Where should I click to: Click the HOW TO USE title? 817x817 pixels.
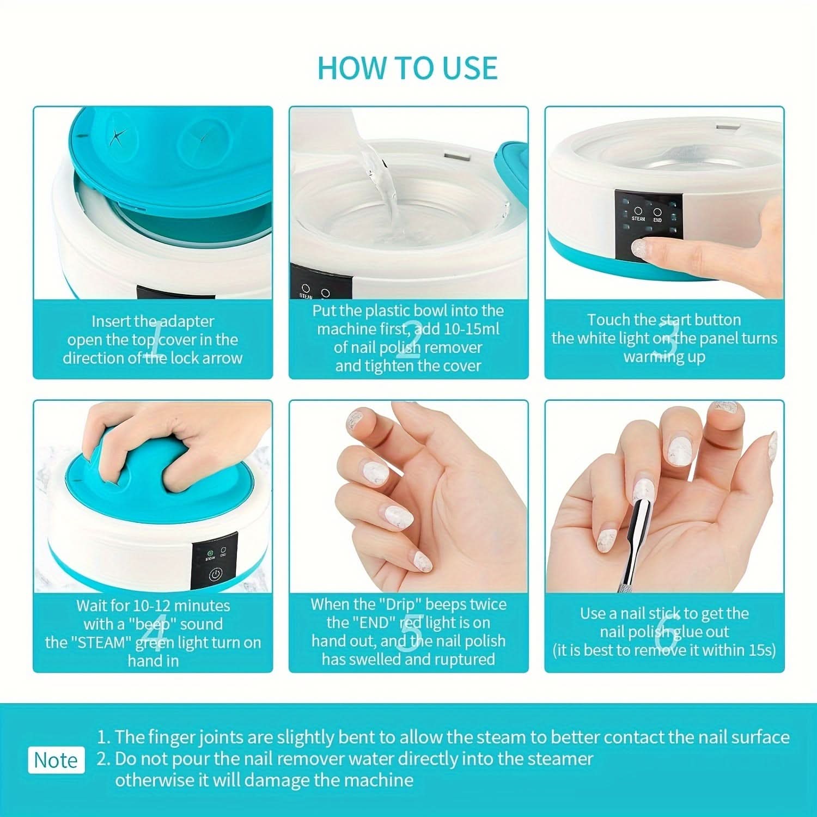click(407, 68)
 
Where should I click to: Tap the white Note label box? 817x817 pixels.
click(57, 760)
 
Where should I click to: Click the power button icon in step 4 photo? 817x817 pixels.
click(216, 575)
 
